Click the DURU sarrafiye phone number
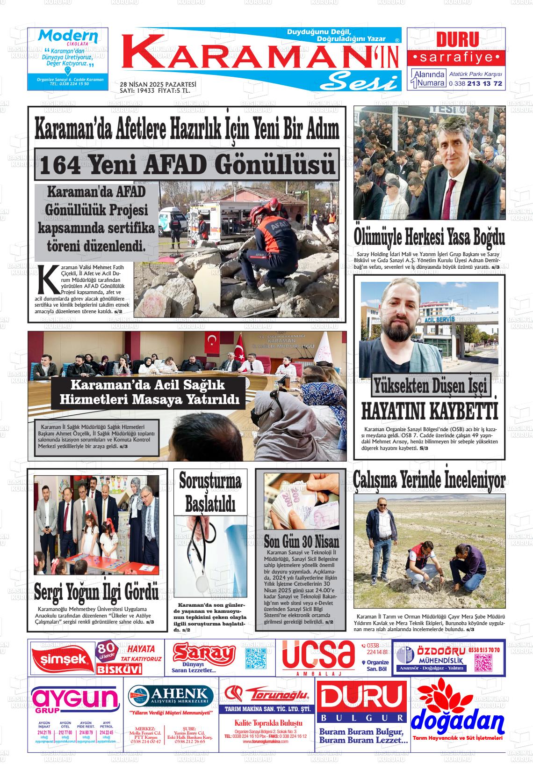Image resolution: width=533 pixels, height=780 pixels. [475, 84]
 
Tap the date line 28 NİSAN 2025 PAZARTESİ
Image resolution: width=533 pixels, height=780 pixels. [158, 84]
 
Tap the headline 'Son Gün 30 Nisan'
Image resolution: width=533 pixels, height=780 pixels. [301, 542]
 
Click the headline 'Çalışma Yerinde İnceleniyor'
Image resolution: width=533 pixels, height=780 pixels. [429, 480]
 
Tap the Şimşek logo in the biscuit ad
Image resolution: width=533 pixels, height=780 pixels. [61, 659]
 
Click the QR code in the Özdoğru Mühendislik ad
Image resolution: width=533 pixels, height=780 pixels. [483, 662]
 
